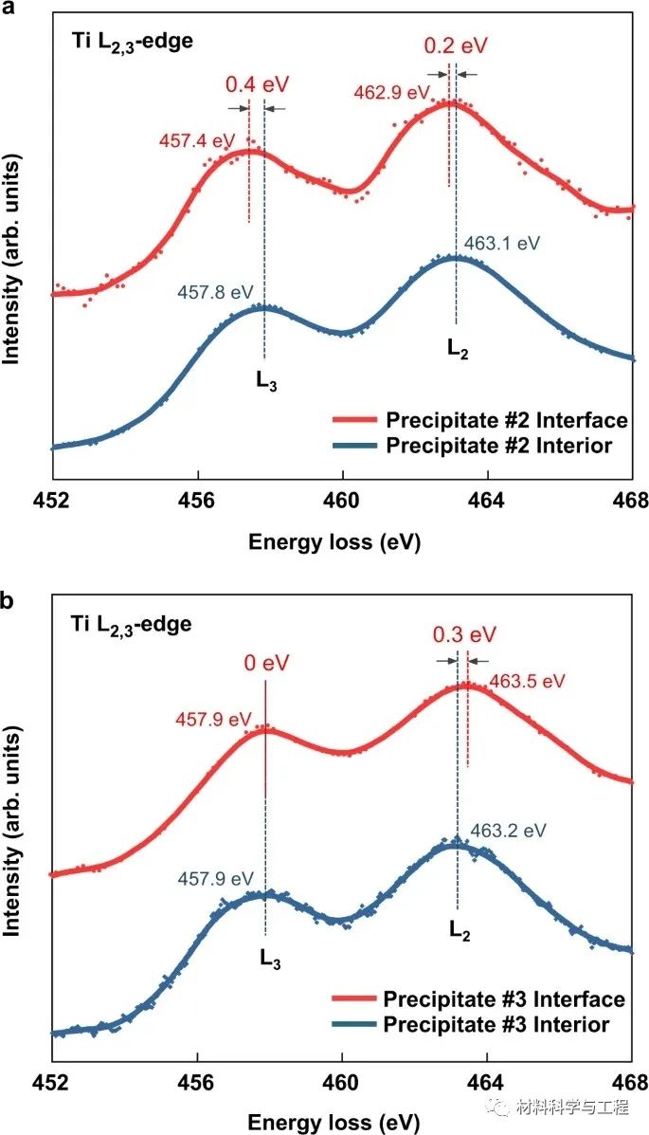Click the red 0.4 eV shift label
(x=256, y=83)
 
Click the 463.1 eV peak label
(x=502, y=244)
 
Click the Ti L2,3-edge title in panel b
(x=132, y=625)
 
